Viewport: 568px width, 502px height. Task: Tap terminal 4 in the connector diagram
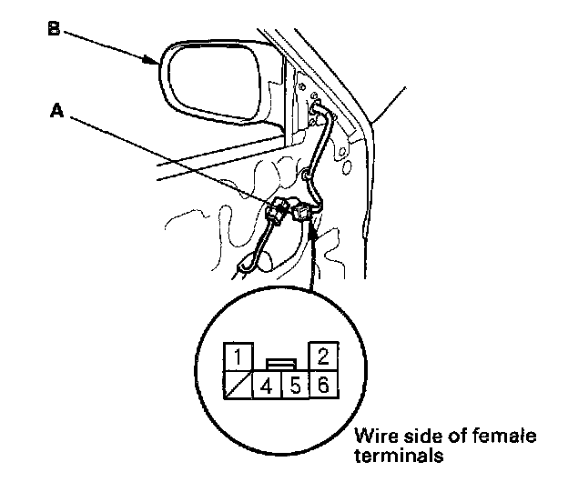click(266, 385)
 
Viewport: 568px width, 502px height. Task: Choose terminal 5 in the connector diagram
click(295, 385)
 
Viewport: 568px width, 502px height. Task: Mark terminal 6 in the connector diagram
click(323, 385)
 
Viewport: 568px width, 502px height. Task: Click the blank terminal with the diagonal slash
click(238, 385)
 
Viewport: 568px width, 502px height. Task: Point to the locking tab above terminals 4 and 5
click(280, 362)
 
